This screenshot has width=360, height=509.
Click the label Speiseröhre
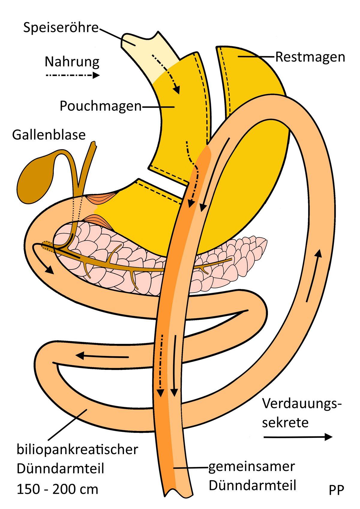pos(61,28)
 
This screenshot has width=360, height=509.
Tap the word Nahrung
pos(72,62)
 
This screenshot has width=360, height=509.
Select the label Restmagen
pos(310,57)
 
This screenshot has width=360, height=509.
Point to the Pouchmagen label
pos(100,106)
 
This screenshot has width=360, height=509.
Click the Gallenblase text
pos(49,135)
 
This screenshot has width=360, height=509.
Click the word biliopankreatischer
pos(77,450)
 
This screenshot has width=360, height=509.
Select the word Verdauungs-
pos(302,404)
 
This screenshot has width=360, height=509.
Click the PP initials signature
pos(336,490)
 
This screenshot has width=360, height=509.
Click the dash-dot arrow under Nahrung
pos(72,75)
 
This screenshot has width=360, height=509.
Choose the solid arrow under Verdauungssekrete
pos(298,437)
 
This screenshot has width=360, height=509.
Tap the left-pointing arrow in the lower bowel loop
pos(102,356)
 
